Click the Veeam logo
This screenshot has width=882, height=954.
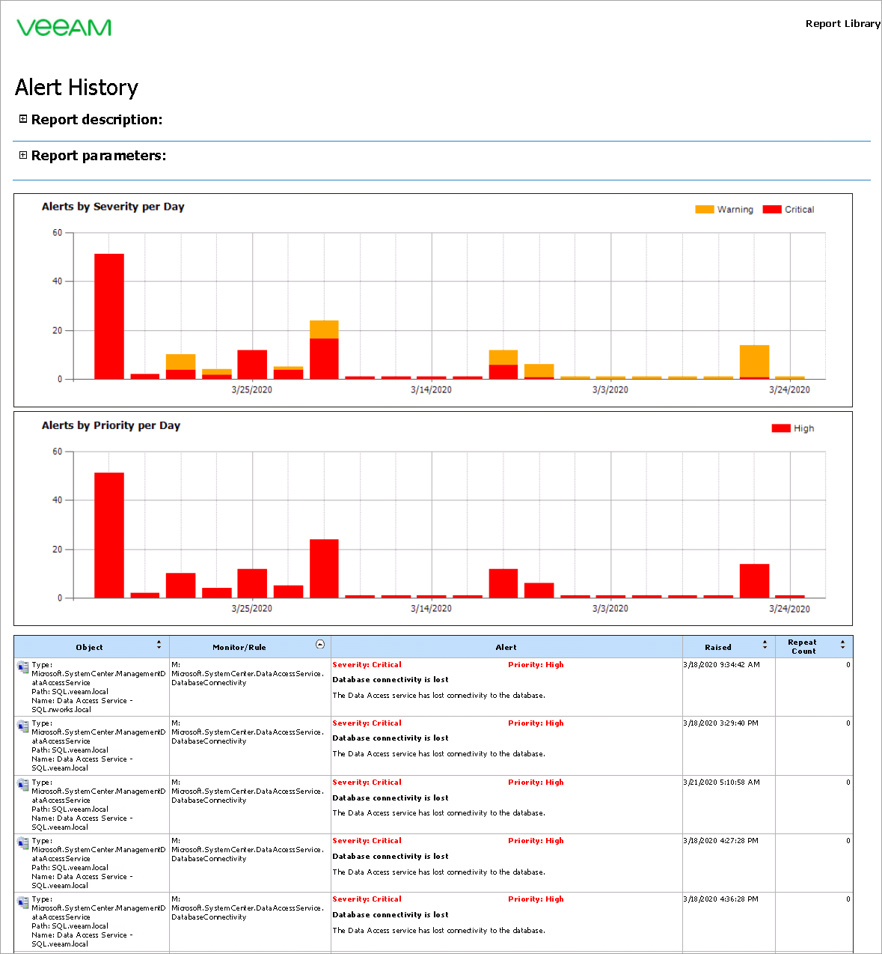pyautogui.click(x=64, y=28)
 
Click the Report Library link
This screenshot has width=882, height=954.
pyautogui.click(x=842, y=24)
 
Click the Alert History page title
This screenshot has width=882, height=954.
pyautogui.click(x=76, y=88)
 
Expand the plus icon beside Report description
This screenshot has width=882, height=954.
pyautogui.click(x=23, y=119)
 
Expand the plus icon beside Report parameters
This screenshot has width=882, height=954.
pyautogui.click(x=23, y=155)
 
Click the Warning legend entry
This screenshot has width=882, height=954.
pyautogui.click(x=724, y=210)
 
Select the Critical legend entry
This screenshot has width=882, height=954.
pyautogui.click(x=788, y=210)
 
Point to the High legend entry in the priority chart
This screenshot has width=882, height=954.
pyautogui.click(x=793, y=428)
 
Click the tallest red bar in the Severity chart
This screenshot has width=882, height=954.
pyautogui.click(x=109, y=316)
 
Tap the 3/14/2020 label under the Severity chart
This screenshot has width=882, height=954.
pyautogui.click(x=431, y=390)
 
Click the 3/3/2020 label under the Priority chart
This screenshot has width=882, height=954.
pyautogui.click(x=610, y=609)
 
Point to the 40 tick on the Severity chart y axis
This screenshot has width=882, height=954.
pyautogui.click(x=58, y=282)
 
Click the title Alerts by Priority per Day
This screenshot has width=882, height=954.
pyautogui.click(x=111, y=425)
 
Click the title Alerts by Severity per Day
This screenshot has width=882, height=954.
pyautogui.click(x=113, y=207)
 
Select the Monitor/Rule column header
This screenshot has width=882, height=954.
pyautogui.click(x=239, y=647)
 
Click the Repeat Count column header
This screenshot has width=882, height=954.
pyautogui.click(x=803, y=647)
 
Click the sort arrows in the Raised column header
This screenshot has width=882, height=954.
pyautogui.click(x=765, y=645)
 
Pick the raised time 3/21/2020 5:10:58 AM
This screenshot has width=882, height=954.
pyautogui.click(x=721, y=783)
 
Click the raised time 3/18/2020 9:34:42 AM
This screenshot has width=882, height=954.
pyautogui.click(x=721, y=665)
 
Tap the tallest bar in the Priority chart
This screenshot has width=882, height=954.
pyautogui.click(x=109, y=535)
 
